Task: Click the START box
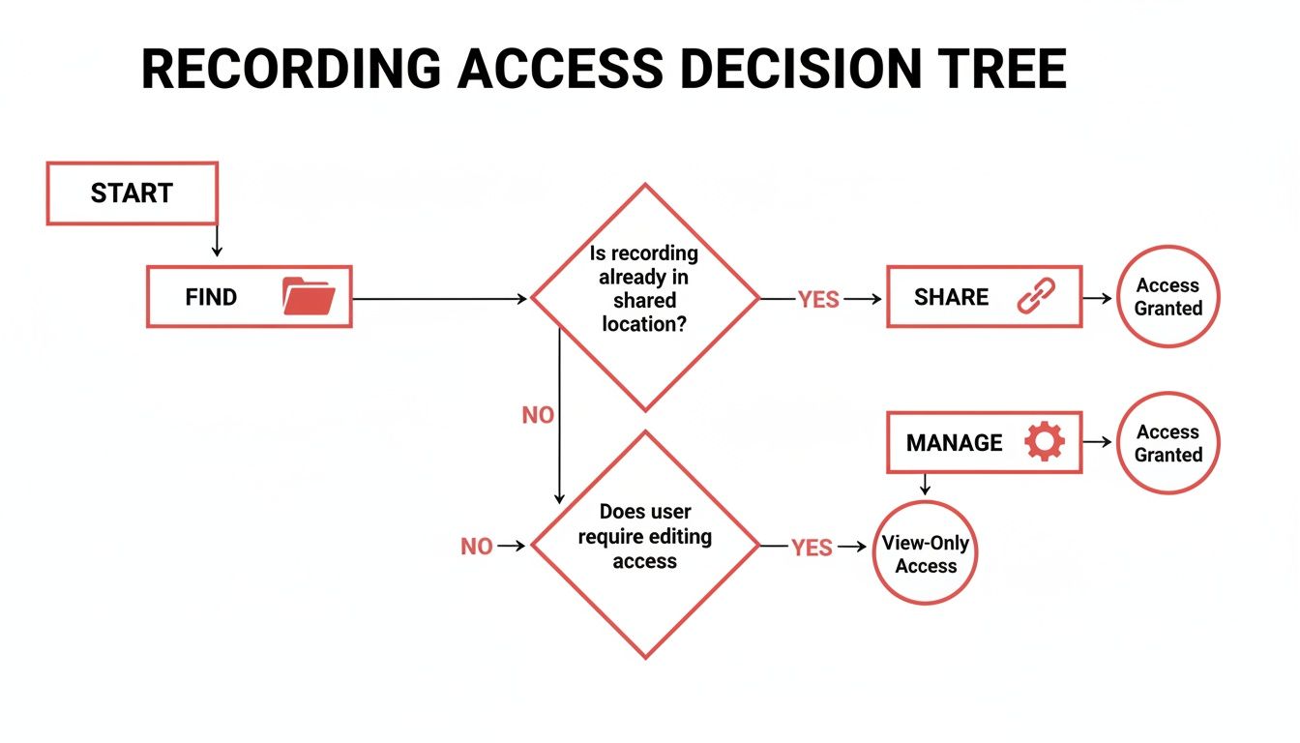coord(133,193)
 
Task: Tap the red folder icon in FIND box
coord(309,296)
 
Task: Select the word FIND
coord(211,297)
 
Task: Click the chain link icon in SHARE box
coord(1036,296)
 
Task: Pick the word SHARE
coord(951,297)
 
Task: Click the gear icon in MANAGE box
coord(1044,442)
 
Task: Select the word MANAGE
coord(954,443)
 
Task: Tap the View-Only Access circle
coord(925,553)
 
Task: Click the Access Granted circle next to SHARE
coord(1167,297)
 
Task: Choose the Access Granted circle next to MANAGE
coord(1167,443)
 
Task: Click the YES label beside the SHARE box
coord(818,300)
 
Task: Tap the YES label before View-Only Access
coord(812,548)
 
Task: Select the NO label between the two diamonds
coord(538,415)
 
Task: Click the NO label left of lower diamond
coord(477,547)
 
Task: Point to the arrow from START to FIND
coord(217,243)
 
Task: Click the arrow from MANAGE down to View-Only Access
coord(925,484)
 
